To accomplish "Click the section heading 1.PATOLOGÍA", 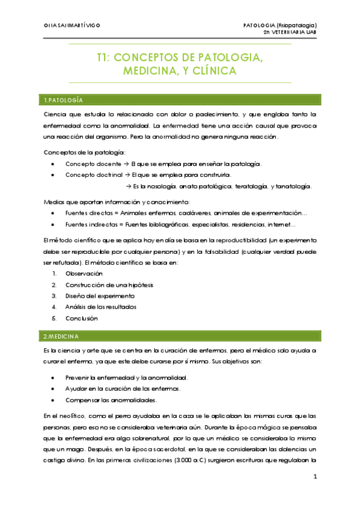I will pos(63,99).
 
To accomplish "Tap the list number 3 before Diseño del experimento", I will pos(54,296).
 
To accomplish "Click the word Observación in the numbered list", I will pos(84,273).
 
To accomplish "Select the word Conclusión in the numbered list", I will pos(81,318).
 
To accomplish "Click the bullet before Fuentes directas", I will pos(54,214).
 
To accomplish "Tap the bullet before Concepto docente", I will pos(54,164).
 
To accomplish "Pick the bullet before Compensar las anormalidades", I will pos(54,400).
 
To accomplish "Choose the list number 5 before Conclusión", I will pos(54,318).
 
